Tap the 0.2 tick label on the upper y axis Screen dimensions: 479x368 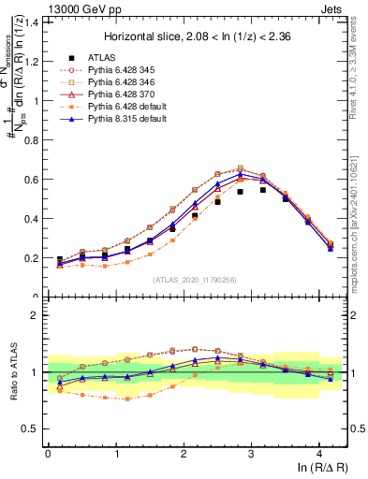coord(32,258)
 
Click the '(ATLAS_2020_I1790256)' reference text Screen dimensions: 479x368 coord(196,280)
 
